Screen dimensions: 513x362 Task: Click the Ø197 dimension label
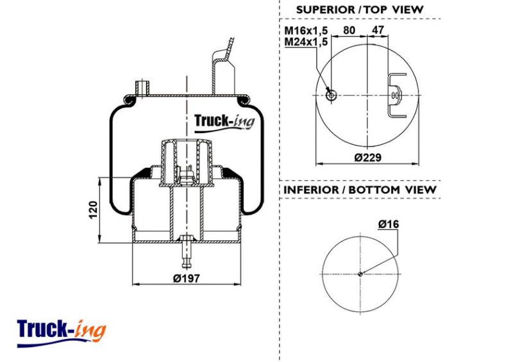[186, 278]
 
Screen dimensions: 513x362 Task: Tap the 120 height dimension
[93, 210]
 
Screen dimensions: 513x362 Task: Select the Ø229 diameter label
[367, 158]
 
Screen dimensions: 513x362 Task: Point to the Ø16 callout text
[389, 224]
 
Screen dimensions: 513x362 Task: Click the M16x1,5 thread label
[306, 31]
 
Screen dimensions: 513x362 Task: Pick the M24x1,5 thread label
[306, 42]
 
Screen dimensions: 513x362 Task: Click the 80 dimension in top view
[349, 30]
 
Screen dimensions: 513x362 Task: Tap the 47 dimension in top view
[378, 30]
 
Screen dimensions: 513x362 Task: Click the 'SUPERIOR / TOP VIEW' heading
[360, 10]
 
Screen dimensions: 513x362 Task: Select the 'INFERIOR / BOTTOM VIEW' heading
[360, 190]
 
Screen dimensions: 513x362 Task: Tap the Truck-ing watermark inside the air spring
[224, 122]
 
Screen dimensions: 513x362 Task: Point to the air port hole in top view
[332, 95]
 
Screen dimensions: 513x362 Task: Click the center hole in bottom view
[360, 274]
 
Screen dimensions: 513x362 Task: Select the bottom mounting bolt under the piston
[186, 251]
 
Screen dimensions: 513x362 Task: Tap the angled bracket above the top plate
[223, 67]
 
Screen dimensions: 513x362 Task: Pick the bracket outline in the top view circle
[396, 95]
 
